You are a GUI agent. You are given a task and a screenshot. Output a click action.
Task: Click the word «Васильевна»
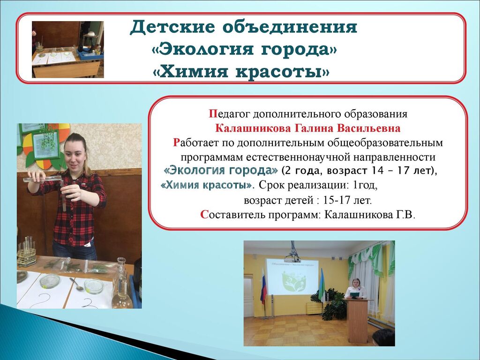368,128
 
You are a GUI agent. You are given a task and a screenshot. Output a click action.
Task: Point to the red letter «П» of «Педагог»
213,114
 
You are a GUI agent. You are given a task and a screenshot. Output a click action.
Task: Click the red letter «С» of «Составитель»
204,215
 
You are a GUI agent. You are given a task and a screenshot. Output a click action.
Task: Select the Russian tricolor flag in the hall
263,286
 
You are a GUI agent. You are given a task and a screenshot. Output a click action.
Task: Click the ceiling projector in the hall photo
292,255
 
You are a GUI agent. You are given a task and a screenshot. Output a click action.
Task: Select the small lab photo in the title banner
67,49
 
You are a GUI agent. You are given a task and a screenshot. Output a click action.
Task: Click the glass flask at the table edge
121,285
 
